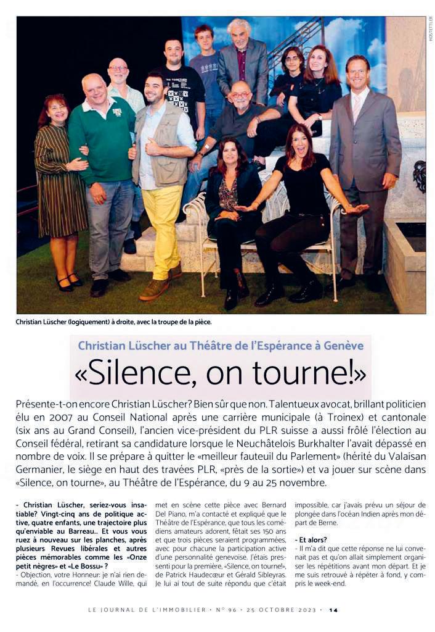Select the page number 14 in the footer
[333, 610]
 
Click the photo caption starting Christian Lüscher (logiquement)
[114, 323]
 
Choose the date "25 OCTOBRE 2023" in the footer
[285, 610]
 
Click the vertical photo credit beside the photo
[430, 28]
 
